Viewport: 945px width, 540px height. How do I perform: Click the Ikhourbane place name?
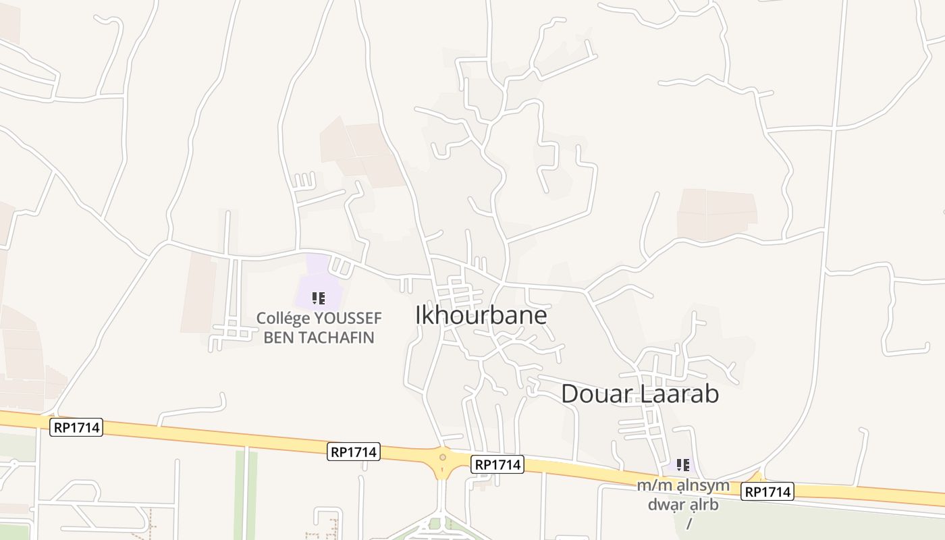click(x=481, y=315)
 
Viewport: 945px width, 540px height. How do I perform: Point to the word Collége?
click(x=283, y=318)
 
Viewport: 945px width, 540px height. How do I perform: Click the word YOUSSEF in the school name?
click(x=348, y=318)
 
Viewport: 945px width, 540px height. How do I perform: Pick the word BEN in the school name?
click(x=278, y=337)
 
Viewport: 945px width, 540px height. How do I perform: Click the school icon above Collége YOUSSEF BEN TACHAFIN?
click(x=319, y=298)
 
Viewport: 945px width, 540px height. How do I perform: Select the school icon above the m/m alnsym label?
click(x=683, y=464)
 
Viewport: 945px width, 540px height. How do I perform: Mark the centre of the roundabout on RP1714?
click(x=443, y=458)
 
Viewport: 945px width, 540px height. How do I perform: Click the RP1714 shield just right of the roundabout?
click(x=497, y=464)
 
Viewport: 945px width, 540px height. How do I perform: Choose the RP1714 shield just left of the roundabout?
click(x=354, y=452)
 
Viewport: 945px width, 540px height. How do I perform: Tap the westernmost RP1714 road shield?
click(x=76, y=427)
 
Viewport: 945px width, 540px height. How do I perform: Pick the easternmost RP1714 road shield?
click(x=767, y=492)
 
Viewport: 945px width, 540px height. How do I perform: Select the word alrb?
click(x=704, y=504)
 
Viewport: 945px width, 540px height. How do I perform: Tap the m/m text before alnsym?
click(x=652, y=485)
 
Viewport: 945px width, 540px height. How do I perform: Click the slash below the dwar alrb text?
click(x=689, y=523)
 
